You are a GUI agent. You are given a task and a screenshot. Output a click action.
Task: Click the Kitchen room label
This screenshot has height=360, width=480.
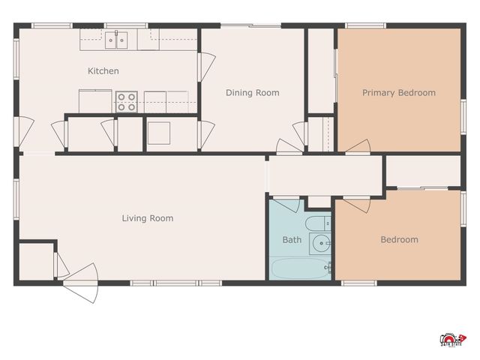103,71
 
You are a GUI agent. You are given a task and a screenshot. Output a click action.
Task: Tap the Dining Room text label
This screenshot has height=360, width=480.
253,93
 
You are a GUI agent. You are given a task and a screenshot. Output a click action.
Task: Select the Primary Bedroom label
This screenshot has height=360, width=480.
398,93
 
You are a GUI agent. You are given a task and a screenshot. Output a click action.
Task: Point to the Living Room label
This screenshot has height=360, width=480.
148,218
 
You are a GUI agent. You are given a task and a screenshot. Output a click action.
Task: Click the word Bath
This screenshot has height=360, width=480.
292,240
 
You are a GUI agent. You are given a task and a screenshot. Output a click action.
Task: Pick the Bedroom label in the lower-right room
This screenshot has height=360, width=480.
399,240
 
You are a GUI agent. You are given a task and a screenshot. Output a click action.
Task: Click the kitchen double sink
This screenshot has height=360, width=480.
116,40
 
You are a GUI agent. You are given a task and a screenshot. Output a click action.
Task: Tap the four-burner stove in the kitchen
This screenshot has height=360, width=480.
127,101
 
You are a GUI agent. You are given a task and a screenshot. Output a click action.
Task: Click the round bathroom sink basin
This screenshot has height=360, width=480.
321,243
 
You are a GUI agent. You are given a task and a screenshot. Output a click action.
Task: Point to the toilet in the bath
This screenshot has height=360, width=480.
316,223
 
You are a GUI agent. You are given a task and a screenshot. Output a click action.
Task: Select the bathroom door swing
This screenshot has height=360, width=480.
286,205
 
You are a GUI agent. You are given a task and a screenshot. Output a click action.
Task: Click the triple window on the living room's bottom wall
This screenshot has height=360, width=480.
176,283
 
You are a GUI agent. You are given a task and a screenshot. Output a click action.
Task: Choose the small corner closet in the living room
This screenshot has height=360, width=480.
34,261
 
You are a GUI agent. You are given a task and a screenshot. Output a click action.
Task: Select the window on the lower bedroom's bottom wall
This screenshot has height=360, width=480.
358,283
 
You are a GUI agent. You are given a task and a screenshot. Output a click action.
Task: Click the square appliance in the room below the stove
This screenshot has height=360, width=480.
160,133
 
